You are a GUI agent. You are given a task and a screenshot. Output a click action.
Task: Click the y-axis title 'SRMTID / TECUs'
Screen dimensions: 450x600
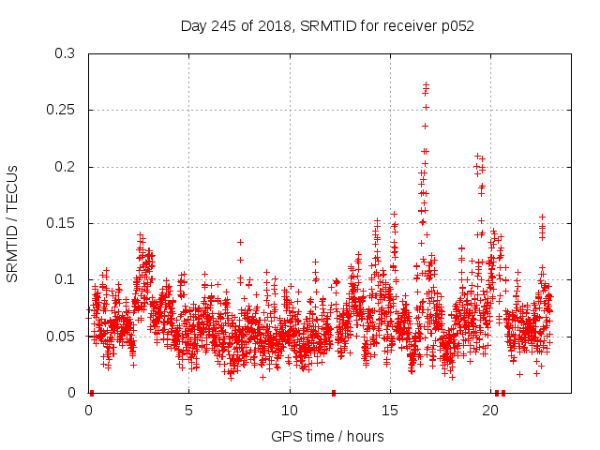(13, 223)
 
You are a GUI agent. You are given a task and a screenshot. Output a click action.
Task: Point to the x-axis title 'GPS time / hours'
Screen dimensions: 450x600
(327, 436)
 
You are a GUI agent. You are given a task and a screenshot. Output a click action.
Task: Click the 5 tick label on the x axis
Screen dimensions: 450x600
(188, 410)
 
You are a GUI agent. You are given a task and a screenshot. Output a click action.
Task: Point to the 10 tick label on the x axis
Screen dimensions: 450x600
(290, 410)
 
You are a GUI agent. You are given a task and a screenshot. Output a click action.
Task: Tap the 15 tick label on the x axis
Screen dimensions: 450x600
(390, 410)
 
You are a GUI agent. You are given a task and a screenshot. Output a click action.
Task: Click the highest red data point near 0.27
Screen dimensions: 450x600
(427, 85)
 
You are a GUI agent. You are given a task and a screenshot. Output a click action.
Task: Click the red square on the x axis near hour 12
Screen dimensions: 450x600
(333, 393)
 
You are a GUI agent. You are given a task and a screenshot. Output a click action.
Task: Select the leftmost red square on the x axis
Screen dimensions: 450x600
(91, 393)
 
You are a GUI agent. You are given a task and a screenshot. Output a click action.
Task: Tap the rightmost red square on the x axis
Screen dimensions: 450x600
(503, 393)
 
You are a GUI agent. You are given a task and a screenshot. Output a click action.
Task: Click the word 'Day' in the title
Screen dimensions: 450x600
(193, 26)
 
